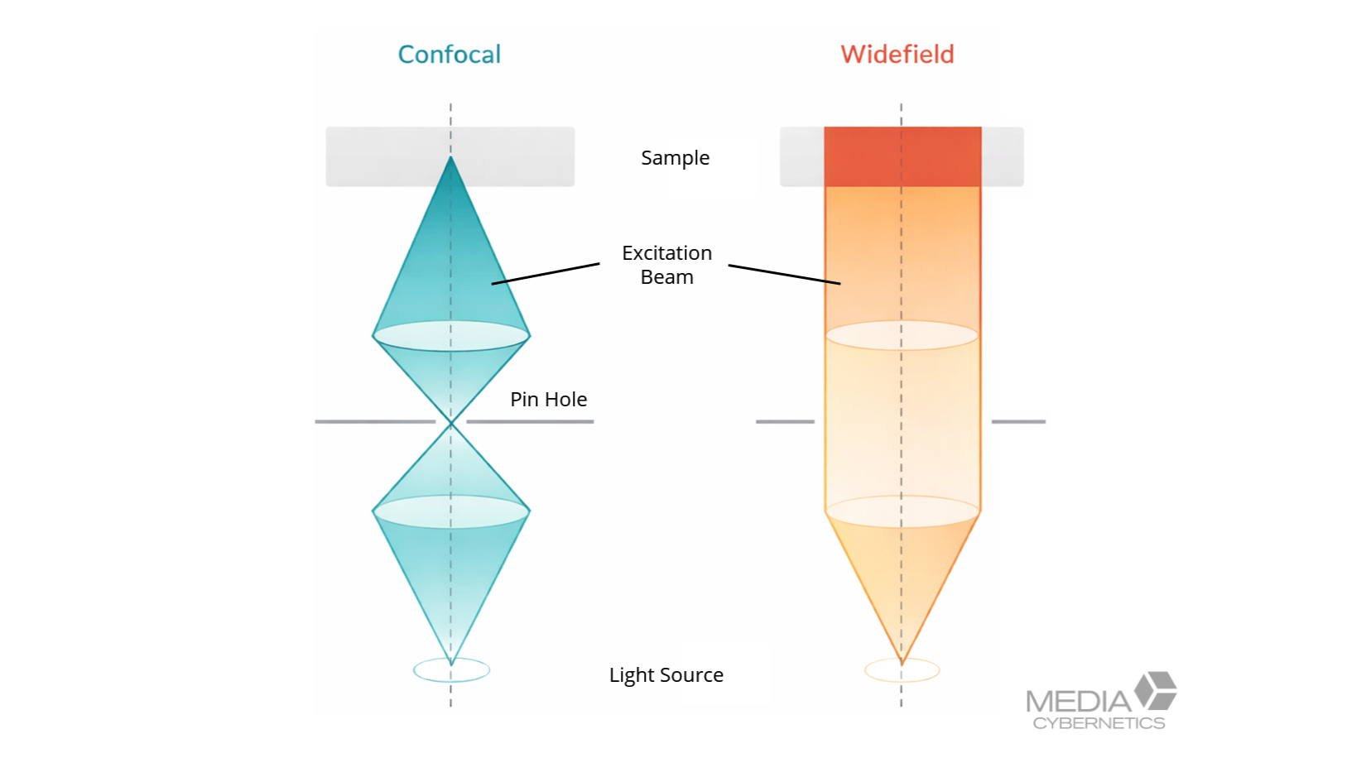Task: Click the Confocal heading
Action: coord(449,55)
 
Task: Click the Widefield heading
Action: coord(897,55)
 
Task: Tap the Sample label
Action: coord(675,158)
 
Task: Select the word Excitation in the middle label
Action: coord(666,253)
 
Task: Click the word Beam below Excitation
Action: coord(666,277)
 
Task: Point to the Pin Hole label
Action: coord(548,400)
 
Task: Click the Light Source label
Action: coord(666,675)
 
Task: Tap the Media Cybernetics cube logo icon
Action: coord(1156,690)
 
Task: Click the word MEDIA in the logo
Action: coord(1078,703)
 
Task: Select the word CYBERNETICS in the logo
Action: coord(1099,723)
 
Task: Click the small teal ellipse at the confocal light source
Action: coord(451,670)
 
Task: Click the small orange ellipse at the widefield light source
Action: coord(902,670)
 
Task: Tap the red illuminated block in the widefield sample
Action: coord(902,156)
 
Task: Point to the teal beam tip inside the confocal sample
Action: coord(450,170)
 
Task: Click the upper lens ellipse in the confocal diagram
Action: coord(451,336)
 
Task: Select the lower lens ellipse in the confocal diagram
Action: coord(451,512)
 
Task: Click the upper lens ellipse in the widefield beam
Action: coord(902,336)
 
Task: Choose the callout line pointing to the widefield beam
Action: coord(784,275)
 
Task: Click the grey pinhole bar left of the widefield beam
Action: coord(785,422)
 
